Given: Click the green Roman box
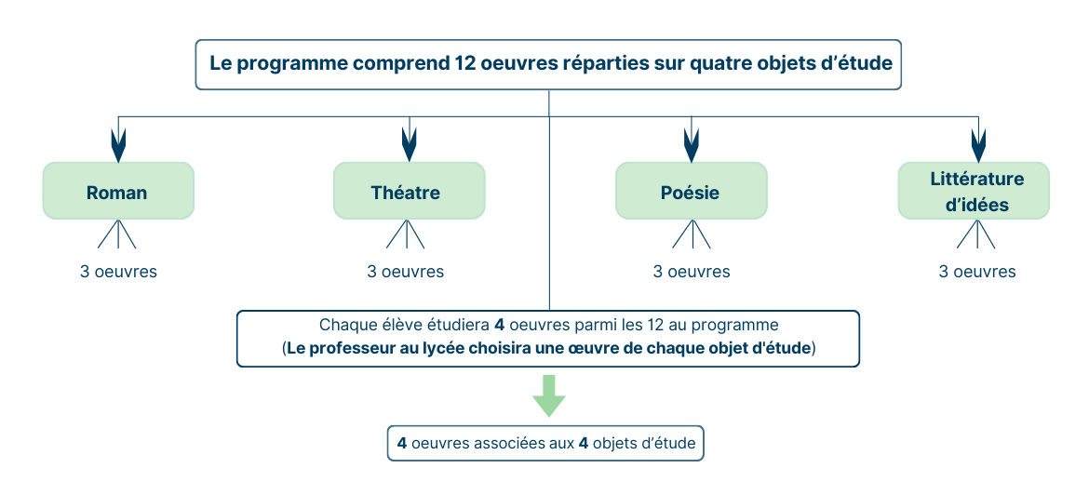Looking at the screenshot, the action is (118, 191).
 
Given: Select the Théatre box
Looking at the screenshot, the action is (409, 191).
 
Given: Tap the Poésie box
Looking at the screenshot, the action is (691, 191).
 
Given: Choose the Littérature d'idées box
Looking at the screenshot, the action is (974, 191).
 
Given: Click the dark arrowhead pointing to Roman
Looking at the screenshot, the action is (118, 146).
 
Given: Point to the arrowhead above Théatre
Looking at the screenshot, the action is (409, 146).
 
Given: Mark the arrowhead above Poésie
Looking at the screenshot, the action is (691, 146).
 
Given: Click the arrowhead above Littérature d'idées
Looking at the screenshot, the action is (978, 146).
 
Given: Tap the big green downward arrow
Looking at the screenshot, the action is (548, 396).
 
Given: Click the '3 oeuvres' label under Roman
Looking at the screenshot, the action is (118, 272).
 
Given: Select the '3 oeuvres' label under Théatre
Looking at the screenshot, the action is (406, 272).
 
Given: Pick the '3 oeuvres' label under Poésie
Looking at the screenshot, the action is (691, 272).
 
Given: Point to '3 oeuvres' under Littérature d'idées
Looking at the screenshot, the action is (977, 272).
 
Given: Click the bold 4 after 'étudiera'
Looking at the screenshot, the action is (499, 325).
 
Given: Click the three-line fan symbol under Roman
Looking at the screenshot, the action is (116, 234).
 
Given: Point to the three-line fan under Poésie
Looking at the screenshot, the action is (691, 234).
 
